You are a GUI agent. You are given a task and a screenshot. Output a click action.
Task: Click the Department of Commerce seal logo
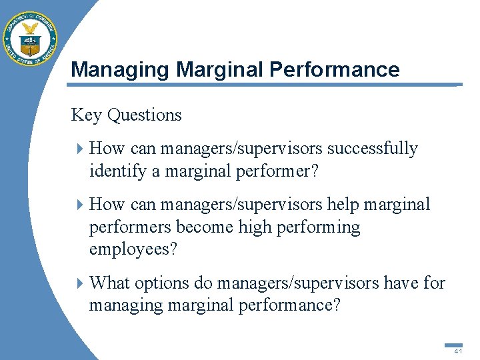[31, 38]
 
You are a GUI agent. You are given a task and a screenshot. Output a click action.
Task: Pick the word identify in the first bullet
[118, 171]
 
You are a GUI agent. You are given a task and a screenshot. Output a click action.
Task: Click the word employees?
[133, 250]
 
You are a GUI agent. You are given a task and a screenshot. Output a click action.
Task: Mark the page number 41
[457, 351]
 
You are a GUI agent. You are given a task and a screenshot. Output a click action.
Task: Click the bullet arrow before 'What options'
[80, 283]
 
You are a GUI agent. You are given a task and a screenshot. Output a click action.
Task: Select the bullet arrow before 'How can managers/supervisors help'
[80, 205]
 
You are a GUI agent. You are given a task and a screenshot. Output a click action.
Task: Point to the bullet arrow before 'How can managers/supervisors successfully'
[80, 149]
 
